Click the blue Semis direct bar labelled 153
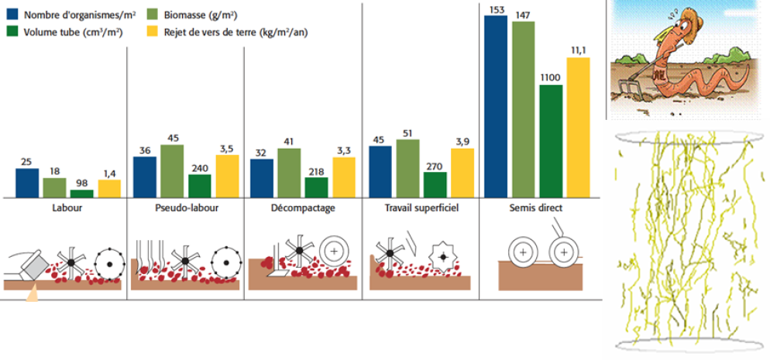[496, 107]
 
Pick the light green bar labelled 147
[524, 110]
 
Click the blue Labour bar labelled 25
[27, 183]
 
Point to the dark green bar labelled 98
[81, 194]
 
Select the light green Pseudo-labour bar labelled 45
[172, 171]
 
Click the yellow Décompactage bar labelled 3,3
[344, 177]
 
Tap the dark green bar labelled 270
[435, 185]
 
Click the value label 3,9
[462, 141]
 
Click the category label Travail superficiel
[421, 208]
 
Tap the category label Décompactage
[303, 208]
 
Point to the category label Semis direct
[536, 208]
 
